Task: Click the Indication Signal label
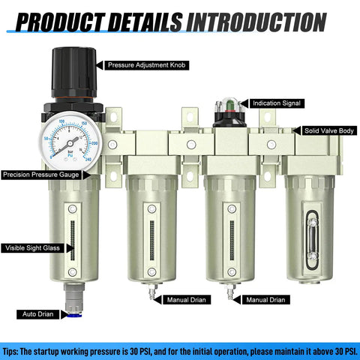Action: point(279,103)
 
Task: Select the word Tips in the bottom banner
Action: point(13,349)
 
